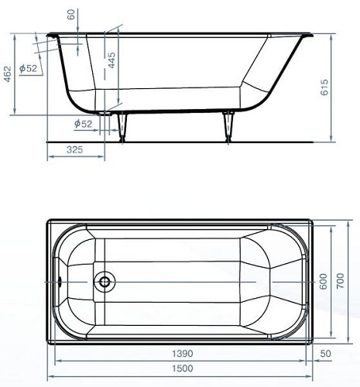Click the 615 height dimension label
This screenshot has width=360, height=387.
[324, 87]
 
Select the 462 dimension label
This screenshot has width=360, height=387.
[8, 74]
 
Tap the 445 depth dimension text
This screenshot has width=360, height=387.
[111, 60]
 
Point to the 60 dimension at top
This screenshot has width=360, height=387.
[71, 14]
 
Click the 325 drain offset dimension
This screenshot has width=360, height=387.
[75, 149]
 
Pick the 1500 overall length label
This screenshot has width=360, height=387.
[183, 368]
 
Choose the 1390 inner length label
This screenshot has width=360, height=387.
[183, 354]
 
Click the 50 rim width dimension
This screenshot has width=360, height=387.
[325, 354]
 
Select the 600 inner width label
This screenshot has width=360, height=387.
[323, 281]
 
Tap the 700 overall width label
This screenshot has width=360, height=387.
[340, 281]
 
